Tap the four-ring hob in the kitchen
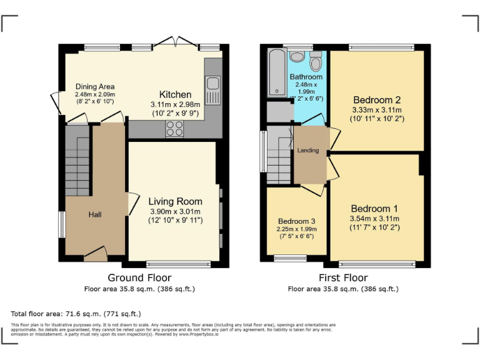[x=174, y=129]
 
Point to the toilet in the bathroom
[x=315, y=61]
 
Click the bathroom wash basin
[x=297, y=57]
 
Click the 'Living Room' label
[x=175, y=201]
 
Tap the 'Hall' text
[x=95, y=214]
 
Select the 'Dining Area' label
[x=95, y=87]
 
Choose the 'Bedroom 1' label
[x=374, y=208]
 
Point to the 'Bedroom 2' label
[x=377, y=100]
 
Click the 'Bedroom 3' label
[x=297, y=221]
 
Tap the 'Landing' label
[x=308, y=151]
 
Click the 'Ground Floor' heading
[x=139, y=277]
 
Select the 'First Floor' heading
[x=342, y=277]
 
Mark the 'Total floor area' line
[x=76, y=313]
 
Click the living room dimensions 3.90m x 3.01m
[x=175, y=211]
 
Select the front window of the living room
[x=170, y=264]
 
